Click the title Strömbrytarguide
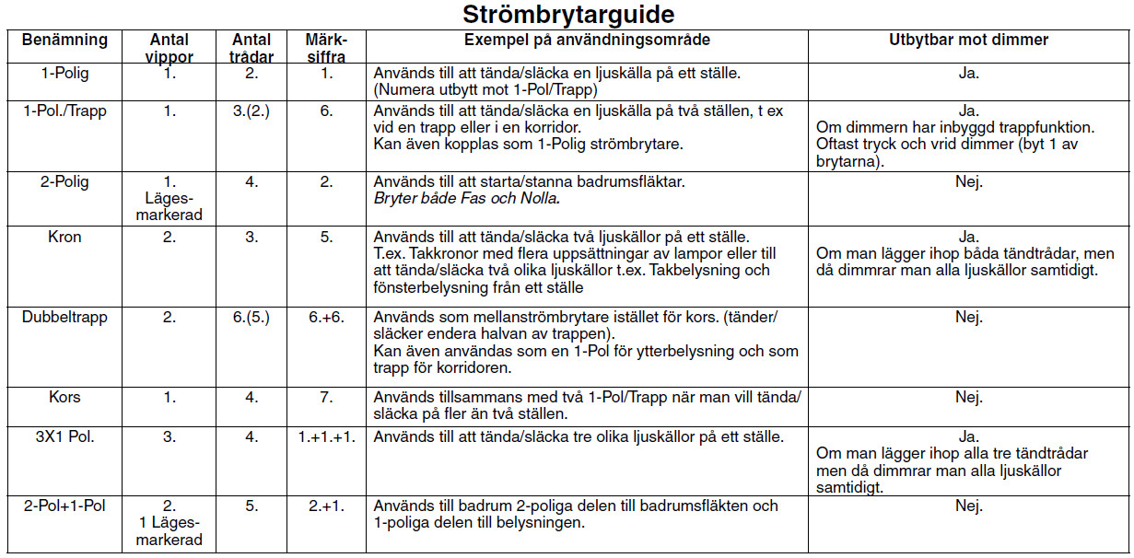(x=567, y=15)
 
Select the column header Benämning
(x=64, y=41)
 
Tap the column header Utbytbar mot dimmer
(x=968, y=41)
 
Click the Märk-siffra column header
(x=326, y=48)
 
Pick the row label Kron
(x=64, y=237)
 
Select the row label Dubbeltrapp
(x=64, y=317)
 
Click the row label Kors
(x=64, y=397)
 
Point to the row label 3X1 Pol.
(x=64, y=436)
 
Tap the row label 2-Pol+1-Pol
(x=64, y=506)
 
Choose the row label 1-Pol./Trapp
(x=64, y=110)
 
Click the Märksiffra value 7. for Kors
(x=326, y=397)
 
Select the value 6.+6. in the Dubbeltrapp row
(x=326, y=317)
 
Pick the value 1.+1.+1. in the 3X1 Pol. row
(x=326, y=436)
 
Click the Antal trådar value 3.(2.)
(x=251, y=110)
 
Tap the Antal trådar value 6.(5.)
(x=251, y=317)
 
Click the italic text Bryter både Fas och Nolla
(x=467, y=198)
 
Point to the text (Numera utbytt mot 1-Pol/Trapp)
(x=485, y=89)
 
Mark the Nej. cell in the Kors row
(x=968, y=397)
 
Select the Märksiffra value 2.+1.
(x=326, y=506)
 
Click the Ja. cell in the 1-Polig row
(x=968, y=73)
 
